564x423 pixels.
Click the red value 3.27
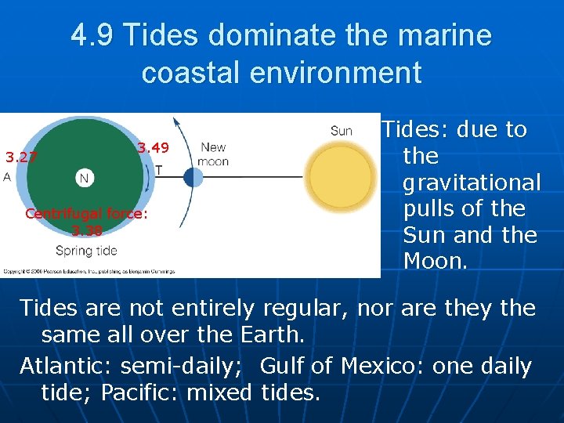point(21,157)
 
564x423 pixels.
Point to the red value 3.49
point(153,147)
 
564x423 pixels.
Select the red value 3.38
point(86,230)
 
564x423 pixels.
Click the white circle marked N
point(84,178)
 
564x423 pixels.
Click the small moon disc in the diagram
point(193,177)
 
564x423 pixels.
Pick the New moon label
point(213,154)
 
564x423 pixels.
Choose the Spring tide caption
point(86,251)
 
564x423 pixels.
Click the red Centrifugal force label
point(86,213)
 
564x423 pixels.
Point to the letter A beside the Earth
point(7,177)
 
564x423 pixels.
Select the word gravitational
point(471,183)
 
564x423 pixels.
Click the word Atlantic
point(63,366)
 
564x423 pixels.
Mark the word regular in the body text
point(305,308)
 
